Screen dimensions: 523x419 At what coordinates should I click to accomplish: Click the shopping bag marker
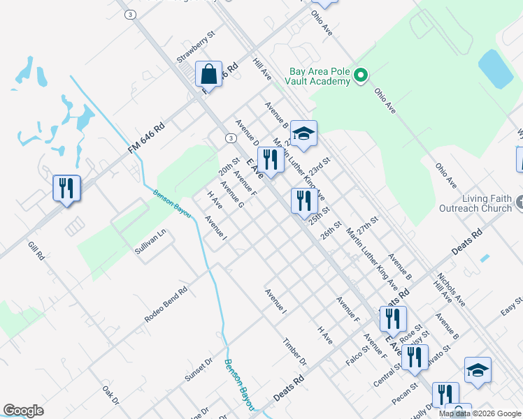point(209,73)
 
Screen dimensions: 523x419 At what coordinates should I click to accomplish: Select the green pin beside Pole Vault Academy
point(361,75)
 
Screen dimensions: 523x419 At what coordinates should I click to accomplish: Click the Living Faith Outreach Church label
point(475,203)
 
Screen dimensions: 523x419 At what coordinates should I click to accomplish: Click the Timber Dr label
point(295,352)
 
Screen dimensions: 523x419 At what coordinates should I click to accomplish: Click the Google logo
point(23,411)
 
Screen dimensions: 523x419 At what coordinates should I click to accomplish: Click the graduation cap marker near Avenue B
point(303,134)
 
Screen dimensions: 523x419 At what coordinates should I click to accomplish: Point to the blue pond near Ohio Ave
point(496,68)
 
